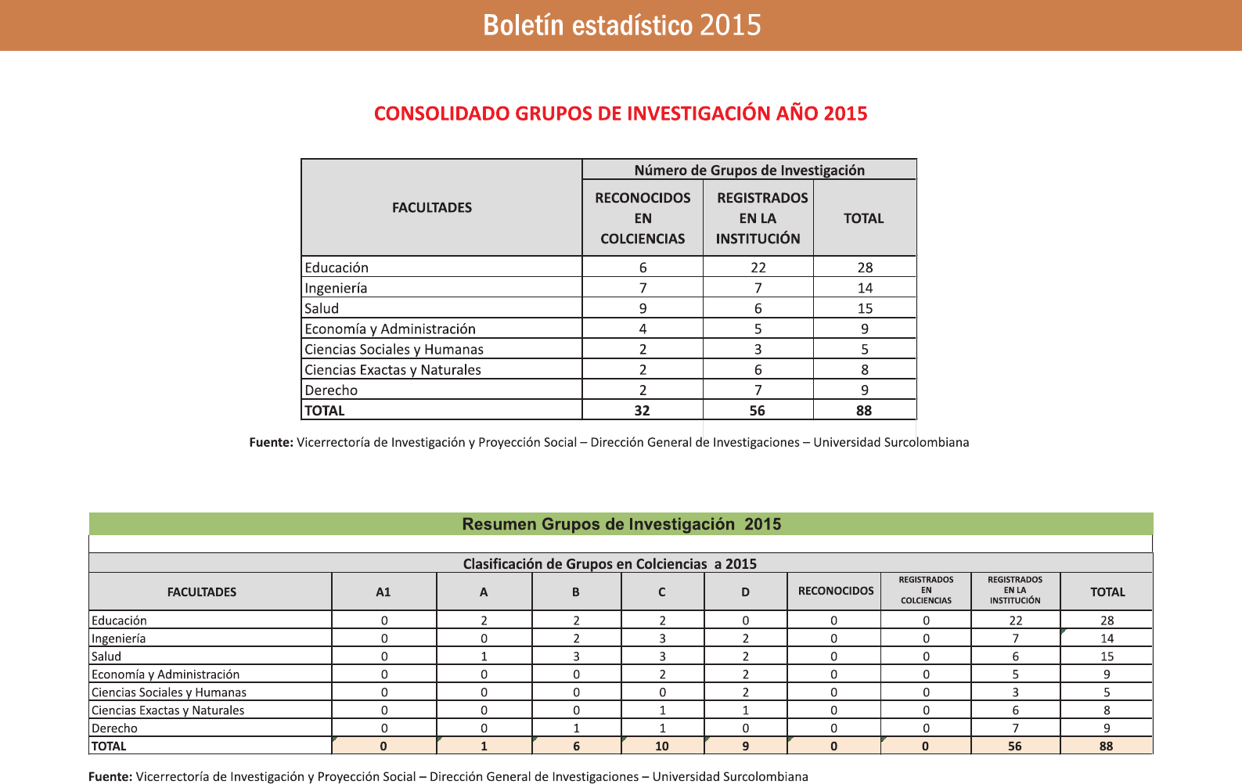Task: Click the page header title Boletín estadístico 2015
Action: (621, 25)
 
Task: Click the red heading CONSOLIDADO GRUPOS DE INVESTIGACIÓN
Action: (620, 113)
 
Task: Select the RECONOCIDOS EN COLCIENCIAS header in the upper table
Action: (643, 218)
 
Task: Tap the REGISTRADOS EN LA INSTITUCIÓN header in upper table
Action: (758, 218)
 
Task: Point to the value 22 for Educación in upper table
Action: (758, 268)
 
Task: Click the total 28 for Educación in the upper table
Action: (865, 268)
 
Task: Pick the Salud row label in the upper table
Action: (322, 308)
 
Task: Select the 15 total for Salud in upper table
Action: (865, 308)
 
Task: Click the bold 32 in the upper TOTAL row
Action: (642, 411)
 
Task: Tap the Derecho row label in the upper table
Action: (331, 390)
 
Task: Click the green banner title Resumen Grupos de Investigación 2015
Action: (621, 524)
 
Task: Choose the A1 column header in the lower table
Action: (383, 592)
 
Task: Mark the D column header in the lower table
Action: (745, 592)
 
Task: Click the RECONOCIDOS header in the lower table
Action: (835, 591)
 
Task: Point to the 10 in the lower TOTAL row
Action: (662, 746)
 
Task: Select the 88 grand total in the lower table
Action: (1106, 746)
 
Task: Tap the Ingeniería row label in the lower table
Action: (118, 638)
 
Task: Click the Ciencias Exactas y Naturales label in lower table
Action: (167, 710)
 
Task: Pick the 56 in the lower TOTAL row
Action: (1015, 746)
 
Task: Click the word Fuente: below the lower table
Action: (110, 776)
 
